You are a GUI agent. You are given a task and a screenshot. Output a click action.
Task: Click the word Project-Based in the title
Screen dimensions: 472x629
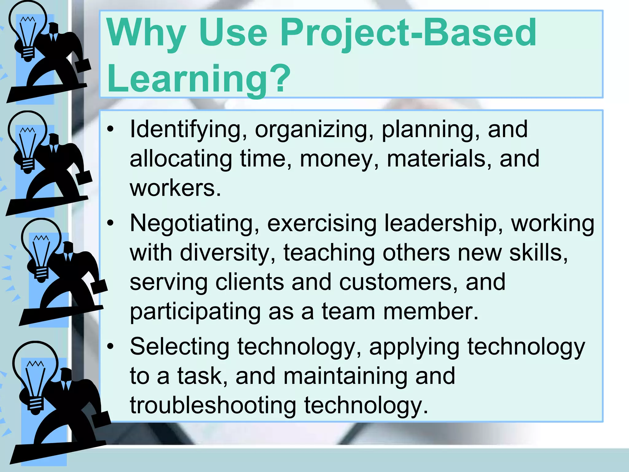408,33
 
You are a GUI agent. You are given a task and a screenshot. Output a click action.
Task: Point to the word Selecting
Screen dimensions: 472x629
179,347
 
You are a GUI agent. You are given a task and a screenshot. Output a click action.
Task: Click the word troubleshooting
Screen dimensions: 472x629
213,406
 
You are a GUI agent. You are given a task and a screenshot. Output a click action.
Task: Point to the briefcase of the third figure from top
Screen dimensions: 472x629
99,286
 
